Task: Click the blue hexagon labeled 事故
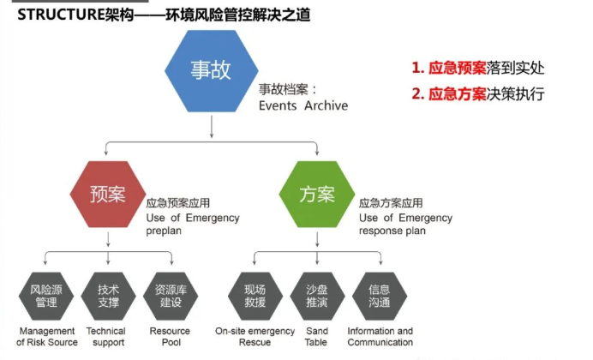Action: click(x=212, y=71)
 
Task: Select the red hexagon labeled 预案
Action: click(x=108, y=194)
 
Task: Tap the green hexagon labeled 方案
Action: click(x=317, y=194)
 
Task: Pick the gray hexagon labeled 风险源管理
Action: click(x=46, y=296)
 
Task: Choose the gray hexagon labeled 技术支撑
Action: click(x=109, y=296)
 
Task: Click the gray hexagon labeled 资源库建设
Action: click(x=171, y=296)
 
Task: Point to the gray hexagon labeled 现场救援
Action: click(x=255, y=296)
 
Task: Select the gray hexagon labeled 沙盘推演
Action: click(x=317, y=296)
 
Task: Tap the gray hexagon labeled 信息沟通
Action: click(x=380, y=296)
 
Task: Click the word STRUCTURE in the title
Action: click(x=61, y=15)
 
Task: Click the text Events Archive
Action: click(x=303, y=105)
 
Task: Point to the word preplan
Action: click(x=164, y=231)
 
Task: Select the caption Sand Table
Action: click(x=316, y=337)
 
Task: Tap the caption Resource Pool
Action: click(x=171, y=337)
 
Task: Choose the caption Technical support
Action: click(x=106, y=337)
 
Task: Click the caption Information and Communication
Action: click(x=380, y=337)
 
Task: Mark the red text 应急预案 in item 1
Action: click(x=457, y=68)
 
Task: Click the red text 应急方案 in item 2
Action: click(x=457, y=93)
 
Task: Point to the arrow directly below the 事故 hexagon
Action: click(x=212, y=126)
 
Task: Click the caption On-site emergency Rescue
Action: click(x=255, y=337)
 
